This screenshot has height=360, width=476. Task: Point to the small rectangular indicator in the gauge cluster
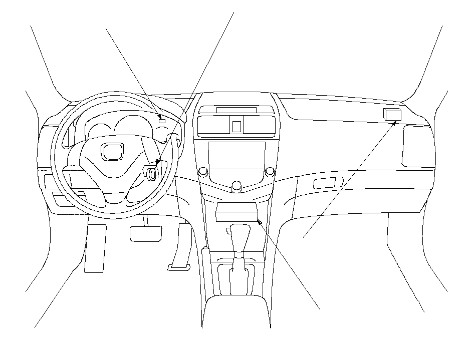point(162,120)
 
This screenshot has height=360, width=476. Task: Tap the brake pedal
point(145,233)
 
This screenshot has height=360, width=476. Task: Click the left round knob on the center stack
point(203,172)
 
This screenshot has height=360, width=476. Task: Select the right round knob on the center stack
point(270,172)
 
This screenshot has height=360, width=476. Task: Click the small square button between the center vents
point(236,125)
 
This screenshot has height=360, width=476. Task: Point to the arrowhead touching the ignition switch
point(158,162)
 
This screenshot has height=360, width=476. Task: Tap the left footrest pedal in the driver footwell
point(95,248)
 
